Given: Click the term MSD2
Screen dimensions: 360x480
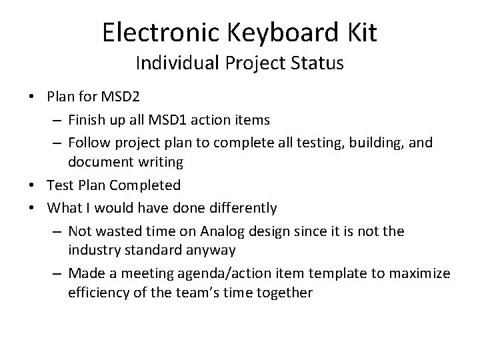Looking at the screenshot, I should click(x=121, y=97).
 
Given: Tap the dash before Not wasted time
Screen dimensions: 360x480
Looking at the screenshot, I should click(x=57, y=231).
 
